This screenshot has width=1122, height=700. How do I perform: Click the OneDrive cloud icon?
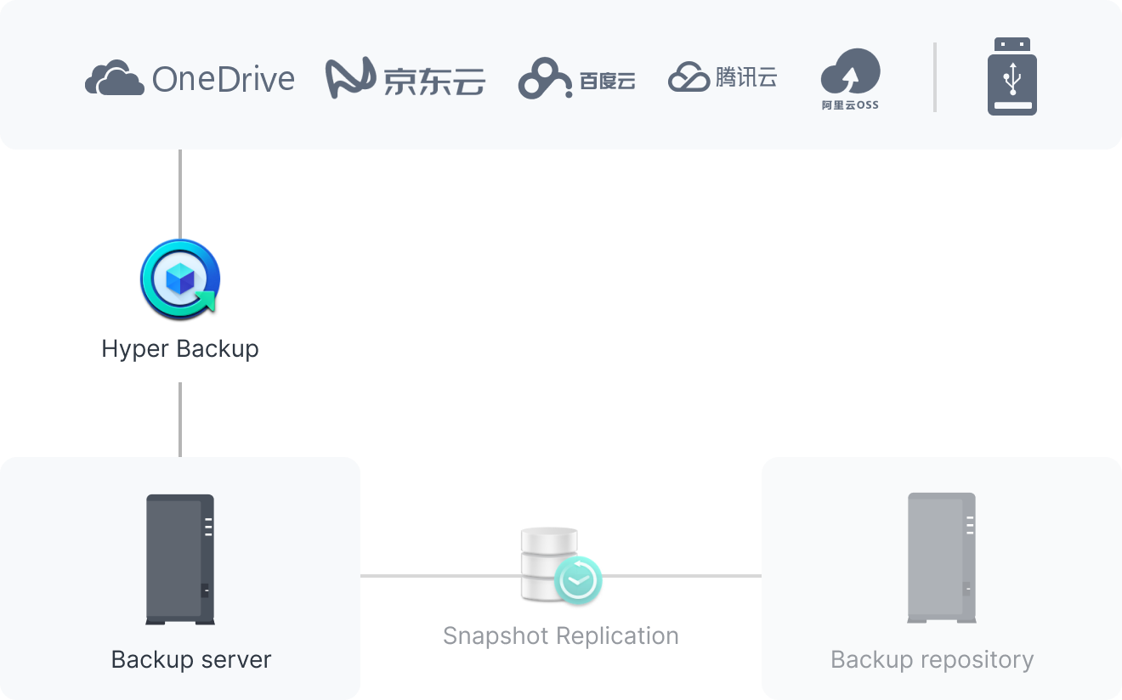coord(114,78)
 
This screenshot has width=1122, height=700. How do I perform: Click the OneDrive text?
coord(224,79)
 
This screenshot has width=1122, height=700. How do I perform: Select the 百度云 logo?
coord(576,80)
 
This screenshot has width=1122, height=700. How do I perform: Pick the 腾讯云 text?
coord(746,77)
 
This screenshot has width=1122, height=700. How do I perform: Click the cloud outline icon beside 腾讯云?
coord(688,78)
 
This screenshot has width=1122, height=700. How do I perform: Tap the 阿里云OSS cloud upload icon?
coord(850,72)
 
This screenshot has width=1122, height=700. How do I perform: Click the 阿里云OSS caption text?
coord(850,105)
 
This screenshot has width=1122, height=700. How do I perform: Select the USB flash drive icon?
coord(1011,76)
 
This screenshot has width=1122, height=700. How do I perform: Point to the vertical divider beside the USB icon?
coord(935,76)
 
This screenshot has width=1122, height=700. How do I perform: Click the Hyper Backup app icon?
coord(180,279)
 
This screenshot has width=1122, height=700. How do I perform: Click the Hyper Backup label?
coord(180,348)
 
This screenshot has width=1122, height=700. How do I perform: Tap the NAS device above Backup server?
coord(179,559)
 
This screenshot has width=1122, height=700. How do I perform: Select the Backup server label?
coord(191,660)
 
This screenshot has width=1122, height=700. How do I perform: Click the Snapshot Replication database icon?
coord(549,561)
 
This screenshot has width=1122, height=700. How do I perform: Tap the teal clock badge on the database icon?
coord(578,580)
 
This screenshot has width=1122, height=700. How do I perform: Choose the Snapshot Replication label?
coord(561,635)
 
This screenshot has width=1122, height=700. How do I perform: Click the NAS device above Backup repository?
coord(941,558)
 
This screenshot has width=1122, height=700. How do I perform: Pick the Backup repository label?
coord(932,660)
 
